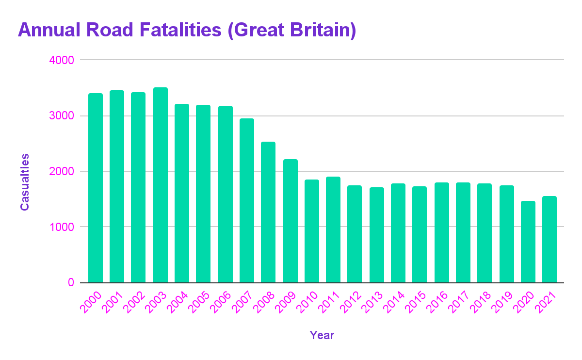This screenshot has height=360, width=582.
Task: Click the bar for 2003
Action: [x=160, y=185]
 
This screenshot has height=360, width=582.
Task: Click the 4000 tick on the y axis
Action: [x=60, y=61]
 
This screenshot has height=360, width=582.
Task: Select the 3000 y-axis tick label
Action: [x=60, y=116]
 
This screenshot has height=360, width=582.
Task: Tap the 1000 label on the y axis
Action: [x=60, y=227]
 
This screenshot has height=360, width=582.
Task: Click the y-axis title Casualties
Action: [x=25, y=182]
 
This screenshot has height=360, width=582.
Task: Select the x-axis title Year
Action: [x=322, y=335]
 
